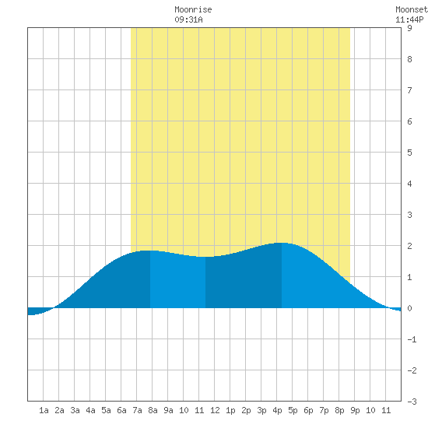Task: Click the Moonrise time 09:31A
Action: (x=188, y=19)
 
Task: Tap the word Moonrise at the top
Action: (x=193, y=9)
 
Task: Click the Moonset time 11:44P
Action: (x=409, y=19)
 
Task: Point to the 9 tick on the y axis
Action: (x=409, y=28)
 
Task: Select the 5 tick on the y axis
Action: (x=409, y=153)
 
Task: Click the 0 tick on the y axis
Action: (x=409, y=308)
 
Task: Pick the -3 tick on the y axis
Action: (x=412, y=402)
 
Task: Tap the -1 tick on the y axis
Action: (x=412, y=339)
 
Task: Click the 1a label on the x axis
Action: (x=44, y=410)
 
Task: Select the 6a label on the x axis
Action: (x=121, y=410)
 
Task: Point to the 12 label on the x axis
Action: (x=215, y=410)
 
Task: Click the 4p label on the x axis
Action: (x=277, y=410)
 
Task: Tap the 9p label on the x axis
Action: (x=355, y=410)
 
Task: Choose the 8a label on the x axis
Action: (x=153, y=410)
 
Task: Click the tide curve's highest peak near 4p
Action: (x=282, y=243)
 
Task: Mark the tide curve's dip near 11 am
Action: (x=205, y=257)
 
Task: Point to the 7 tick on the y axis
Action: (x=409, y=90)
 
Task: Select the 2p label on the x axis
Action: (x=246, y=410)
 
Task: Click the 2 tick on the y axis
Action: (x=409, y=246)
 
